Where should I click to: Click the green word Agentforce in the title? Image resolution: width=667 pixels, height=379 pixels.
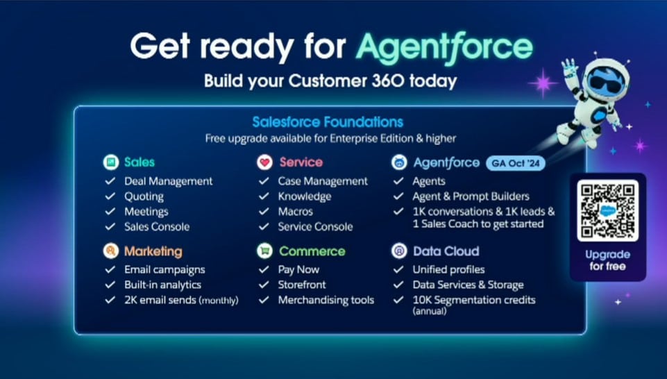444,48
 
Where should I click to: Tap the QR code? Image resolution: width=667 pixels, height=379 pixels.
607,210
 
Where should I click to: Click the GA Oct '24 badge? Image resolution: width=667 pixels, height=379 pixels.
516,163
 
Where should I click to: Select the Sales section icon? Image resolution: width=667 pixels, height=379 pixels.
111,162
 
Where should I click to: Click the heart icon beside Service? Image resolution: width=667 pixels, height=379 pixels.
264,162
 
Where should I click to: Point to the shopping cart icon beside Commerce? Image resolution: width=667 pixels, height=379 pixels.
264,251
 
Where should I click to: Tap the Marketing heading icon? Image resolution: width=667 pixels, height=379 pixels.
110,251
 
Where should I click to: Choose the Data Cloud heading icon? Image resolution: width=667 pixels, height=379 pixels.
399,251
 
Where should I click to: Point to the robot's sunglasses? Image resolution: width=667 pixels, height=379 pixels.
605,81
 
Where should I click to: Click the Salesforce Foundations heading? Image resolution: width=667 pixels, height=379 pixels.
328,122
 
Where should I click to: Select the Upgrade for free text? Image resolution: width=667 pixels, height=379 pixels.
607,260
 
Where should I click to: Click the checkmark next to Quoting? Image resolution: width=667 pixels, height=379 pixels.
110,196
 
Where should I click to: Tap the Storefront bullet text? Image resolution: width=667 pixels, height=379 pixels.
302,285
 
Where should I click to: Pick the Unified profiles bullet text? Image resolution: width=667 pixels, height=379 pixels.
449,270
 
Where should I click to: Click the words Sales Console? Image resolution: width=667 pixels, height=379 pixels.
157,227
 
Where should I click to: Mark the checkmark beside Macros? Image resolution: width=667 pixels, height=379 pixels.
264,211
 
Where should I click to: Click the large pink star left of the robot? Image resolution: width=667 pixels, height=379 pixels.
543,83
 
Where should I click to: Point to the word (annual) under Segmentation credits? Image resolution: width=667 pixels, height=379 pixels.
430,311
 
